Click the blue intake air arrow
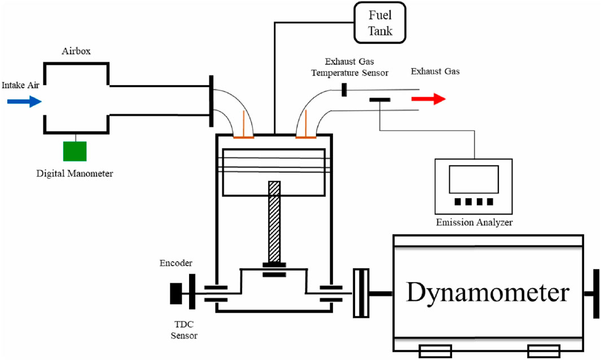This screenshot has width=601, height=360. (x=24, y=102)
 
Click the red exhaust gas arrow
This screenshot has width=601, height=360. (x=428, y=99)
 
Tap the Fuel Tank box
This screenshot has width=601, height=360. (x=379, y=23)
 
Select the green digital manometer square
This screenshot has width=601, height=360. (x=74, y=151)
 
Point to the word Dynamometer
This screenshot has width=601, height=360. (x=488, y=293)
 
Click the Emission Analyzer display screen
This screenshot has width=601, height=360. (x=474, y=179)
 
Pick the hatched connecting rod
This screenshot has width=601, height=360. (x=274, y=222)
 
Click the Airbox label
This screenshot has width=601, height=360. (x=76, y=51)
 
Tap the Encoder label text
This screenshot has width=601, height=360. (x=176, y=263)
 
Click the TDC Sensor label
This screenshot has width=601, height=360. (x=184, y=330)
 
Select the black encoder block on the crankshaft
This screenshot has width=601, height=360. (x=176, y=293)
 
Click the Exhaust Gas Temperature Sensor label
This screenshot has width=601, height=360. (x=349, y=67)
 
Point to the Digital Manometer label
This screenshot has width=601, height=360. (x=74, y=173)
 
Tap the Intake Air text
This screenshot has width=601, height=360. (x=20, y=85)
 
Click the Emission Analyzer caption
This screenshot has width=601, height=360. (x=474, y=222)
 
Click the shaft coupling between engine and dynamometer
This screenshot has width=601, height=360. (x=361, y=293)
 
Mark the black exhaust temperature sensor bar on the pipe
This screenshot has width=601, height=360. (x=344, y=90)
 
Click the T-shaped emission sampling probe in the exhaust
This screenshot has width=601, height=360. (x=380, y=100)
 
